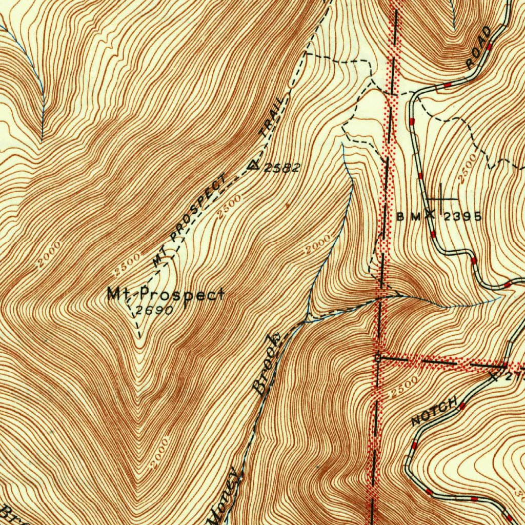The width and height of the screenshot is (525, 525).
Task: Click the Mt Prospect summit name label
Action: click(165, 294)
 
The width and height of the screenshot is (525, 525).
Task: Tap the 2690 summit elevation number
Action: click(152, 311)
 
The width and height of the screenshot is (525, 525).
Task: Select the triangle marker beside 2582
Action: click(254, 165)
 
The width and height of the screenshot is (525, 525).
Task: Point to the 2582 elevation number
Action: click(281, 168)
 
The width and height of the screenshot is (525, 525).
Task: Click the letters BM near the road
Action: click(409, 217)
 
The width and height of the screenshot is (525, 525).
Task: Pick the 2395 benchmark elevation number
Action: click(462, 217)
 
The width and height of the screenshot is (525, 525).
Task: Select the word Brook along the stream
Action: click(268, 364)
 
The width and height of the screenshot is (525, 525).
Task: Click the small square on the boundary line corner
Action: click(378, 358)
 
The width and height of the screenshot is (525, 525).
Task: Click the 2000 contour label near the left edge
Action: click(49, 254)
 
